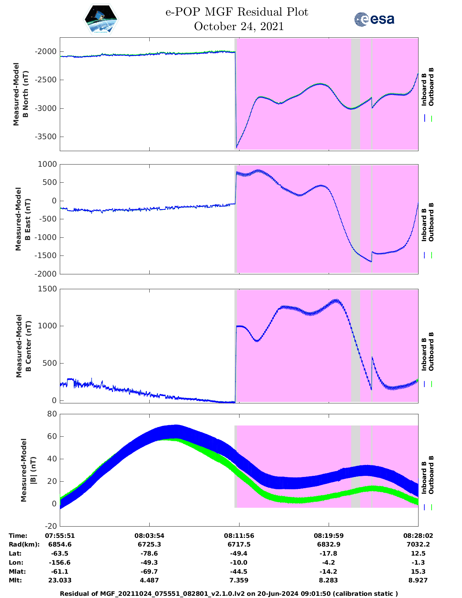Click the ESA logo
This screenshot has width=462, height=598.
(374, 19)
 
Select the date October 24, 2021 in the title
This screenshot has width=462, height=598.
(238, 26)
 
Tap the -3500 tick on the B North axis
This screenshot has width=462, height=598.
(46, 137)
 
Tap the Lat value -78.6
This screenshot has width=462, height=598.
(149, 553)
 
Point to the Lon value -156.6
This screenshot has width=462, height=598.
(60, 562)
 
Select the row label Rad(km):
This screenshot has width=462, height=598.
(24, 544)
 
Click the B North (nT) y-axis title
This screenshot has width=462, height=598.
(21, 94)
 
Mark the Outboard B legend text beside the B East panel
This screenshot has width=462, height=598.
(431, 222)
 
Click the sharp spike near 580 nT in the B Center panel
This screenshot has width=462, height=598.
(372, 358)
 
